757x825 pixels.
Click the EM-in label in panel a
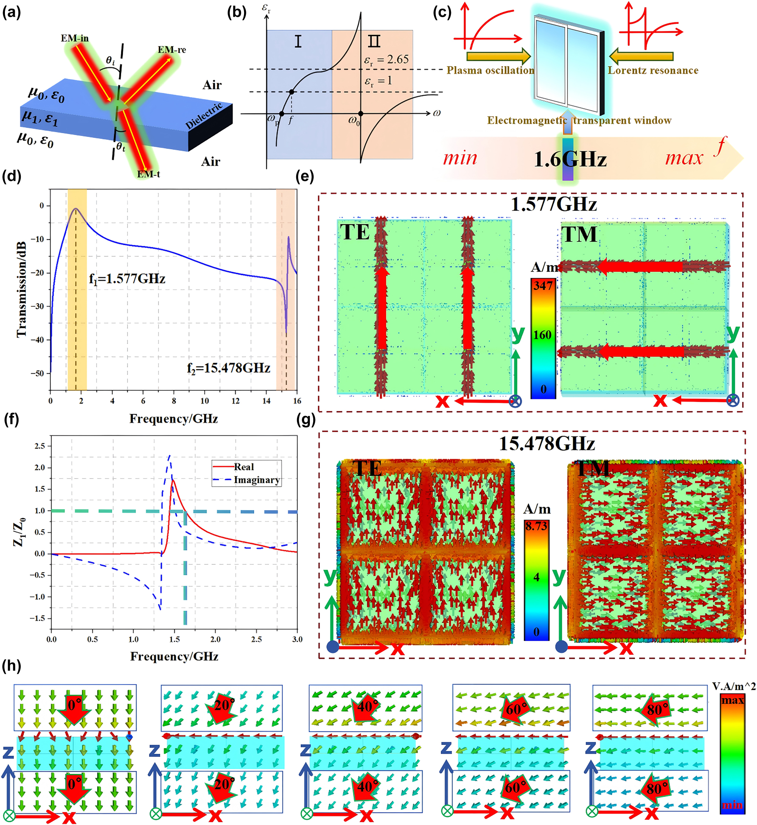click(75, 38)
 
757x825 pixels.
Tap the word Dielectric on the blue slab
click(204, 116)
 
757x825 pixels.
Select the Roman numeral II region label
click(374, 41)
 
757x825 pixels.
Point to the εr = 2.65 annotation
click(386, 60)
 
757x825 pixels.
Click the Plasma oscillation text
click(490, 70)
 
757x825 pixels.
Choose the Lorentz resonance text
click(653, 70)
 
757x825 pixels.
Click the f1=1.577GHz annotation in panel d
click(127, 279)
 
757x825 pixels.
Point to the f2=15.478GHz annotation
click(228, 368)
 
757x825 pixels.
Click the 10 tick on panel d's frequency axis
click(204, 401)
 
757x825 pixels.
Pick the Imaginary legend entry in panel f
click(256, 480)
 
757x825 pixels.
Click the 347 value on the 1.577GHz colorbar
click(543, 286)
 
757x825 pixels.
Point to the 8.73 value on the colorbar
click(536, 527)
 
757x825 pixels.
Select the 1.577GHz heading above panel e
click(554, 204)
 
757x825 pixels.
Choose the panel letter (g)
click(305, 420)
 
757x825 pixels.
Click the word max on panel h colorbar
click(732, 700)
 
